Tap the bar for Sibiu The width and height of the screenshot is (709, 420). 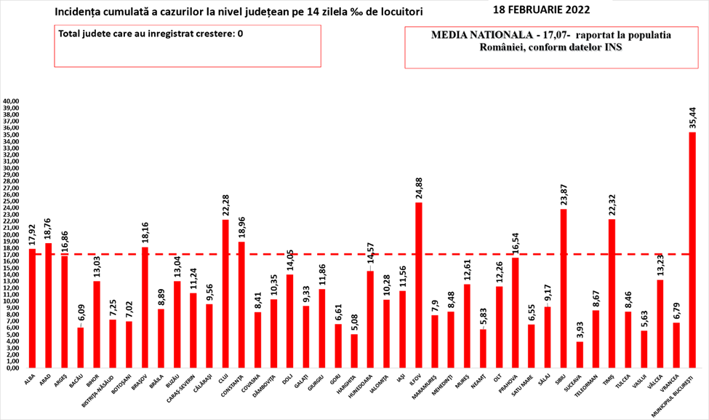click(564, 288)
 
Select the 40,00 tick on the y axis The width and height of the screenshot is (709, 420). click(12, 101)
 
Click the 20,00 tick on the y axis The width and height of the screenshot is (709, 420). click(12, 234)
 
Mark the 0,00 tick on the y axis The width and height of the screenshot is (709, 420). click(13, 368)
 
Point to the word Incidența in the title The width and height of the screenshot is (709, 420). click(78, 12)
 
